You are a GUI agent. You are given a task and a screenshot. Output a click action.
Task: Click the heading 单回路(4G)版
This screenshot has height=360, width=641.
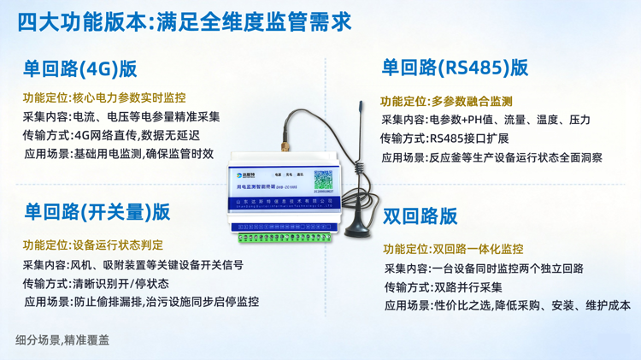click(80, 69)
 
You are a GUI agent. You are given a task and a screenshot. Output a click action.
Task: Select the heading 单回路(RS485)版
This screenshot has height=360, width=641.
click(455, 68)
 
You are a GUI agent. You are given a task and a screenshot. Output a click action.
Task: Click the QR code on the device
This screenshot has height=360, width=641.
click(322, 180)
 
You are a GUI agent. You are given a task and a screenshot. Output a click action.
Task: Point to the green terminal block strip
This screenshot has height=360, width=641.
click(285, 236)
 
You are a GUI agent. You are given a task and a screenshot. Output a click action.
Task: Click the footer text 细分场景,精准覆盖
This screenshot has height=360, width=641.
click(62, 340)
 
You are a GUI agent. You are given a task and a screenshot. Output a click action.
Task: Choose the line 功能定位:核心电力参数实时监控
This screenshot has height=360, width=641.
click(103, 98)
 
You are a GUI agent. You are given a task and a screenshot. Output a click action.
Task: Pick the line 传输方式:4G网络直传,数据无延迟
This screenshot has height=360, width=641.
click(111, 135)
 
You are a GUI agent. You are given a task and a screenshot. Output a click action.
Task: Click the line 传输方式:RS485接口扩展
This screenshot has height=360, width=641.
click(444, 139)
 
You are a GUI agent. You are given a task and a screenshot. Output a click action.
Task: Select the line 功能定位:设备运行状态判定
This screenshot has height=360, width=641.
click(92, 245)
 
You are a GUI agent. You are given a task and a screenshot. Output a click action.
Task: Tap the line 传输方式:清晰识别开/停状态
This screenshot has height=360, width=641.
click(96, 283)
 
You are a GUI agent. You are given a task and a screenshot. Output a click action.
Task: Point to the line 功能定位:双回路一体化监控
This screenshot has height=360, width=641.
click(453, 250)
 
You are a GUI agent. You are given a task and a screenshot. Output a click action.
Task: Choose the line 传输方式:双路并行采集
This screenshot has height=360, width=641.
click(443, 287)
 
